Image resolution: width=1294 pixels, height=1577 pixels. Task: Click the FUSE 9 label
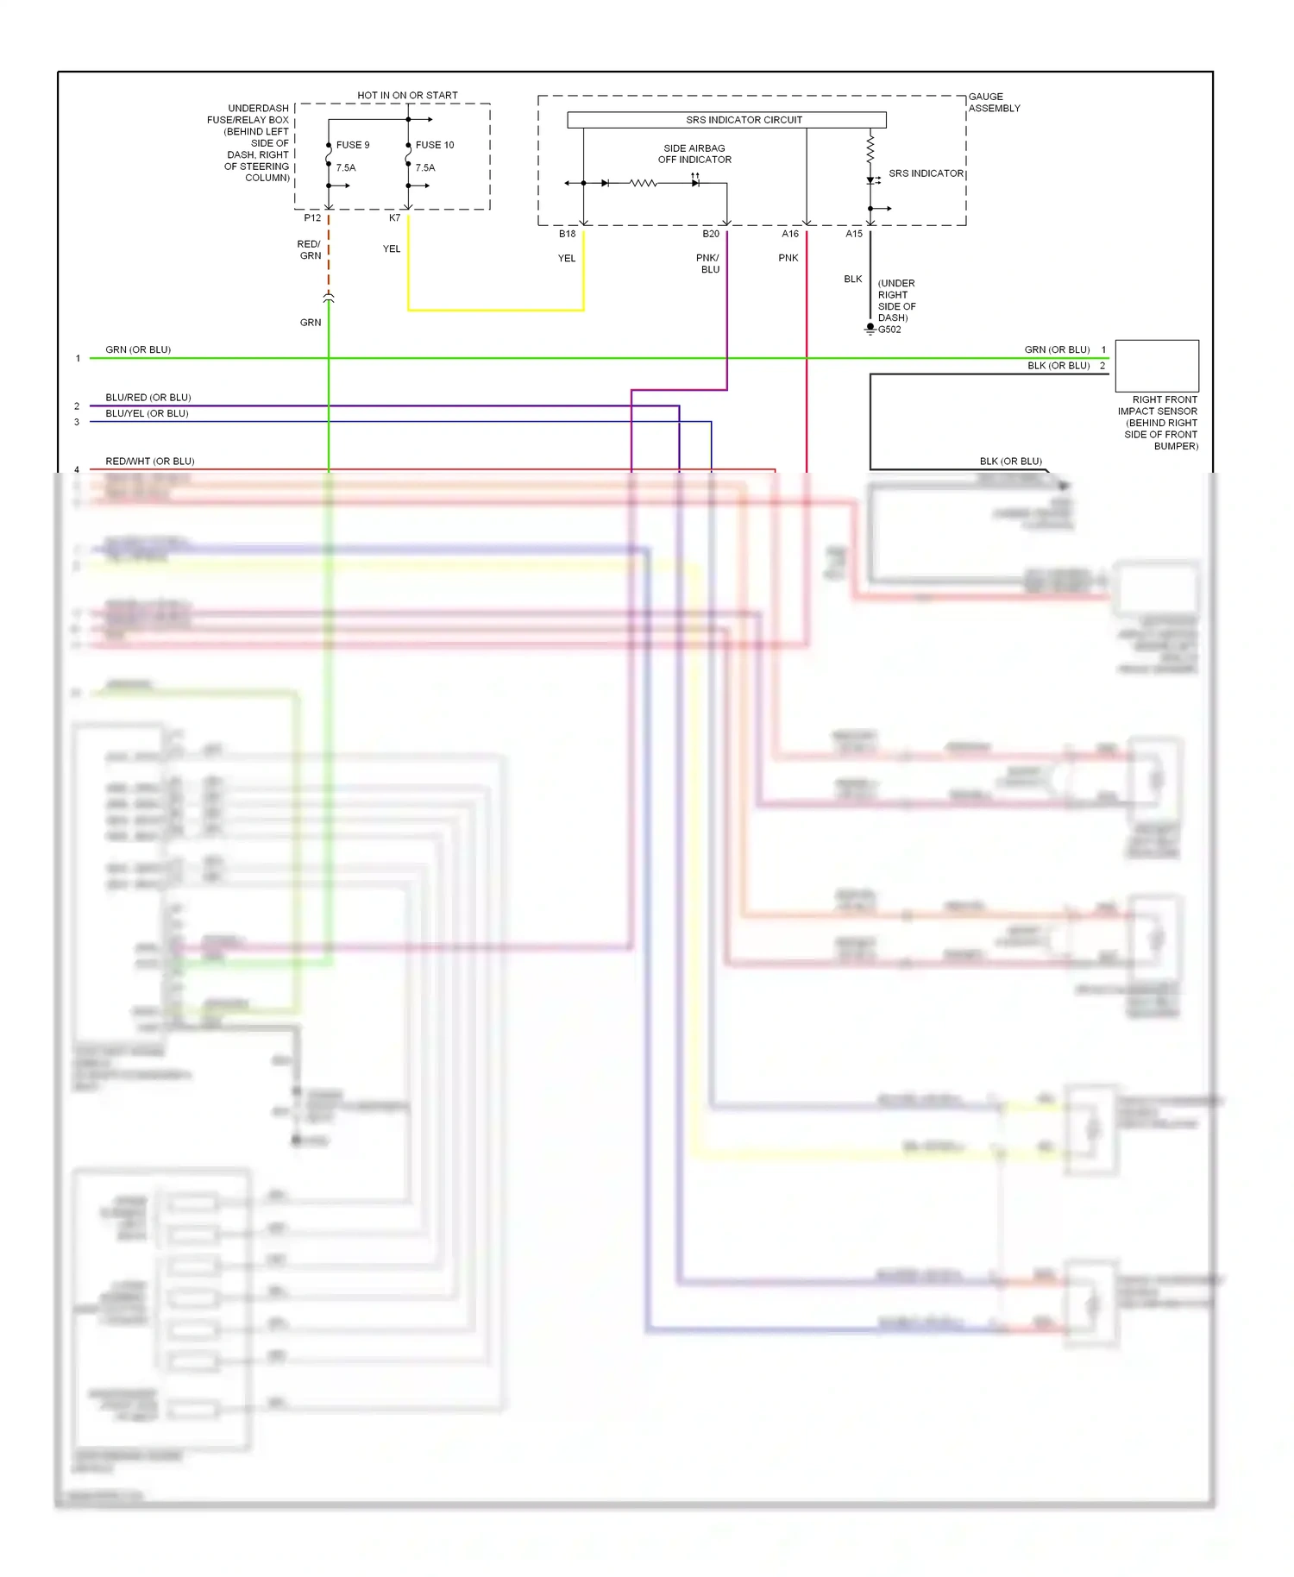coord(352,145)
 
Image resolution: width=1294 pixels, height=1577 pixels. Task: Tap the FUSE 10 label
coord(434,145)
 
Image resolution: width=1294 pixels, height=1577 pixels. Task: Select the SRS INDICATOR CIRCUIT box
coord(726,120)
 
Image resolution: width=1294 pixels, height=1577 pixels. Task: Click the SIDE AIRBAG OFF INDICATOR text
coord(694,154)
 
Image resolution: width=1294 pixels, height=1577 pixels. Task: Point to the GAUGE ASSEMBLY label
coord(994,103)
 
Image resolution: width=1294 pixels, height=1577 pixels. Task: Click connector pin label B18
coord(567,234)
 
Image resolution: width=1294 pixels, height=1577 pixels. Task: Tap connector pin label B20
coord(711,234)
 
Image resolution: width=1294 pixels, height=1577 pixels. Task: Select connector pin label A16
coord(790,234)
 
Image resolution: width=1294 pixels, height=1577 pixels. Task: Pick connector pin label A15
coord(854,234)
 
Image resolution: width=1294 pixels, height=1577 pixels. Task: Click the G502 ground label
coord(889,330)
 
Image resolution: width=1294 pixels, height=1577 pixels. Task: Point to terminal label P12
coord(312,218)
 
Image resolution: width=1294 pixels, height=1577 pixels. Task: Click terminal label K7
coord(394,218)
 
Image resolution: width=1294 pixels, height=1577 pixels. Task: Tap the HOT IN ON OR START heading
coord(407,96)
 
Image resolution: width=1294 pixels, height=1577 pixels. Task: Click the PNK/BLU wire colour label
coord(708,264)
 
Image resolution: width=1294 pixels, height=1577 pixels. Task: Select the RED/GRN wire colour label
coord(309,250)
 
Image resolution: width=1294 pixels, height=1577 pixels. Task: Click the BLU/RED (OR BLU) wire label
coord(148,398)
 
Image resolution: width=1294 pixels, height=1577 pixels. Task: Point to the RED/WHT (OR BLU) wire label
coord(150,462)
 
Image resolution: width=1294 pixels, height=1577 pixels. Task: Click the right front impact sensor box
coord(1157,366)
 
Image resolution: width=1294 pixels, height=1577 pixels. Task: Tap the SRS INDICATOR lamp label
coord(926,173)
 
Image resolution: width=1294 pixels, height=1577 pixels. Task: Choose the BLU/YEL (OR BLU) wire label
coord(147,413)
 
